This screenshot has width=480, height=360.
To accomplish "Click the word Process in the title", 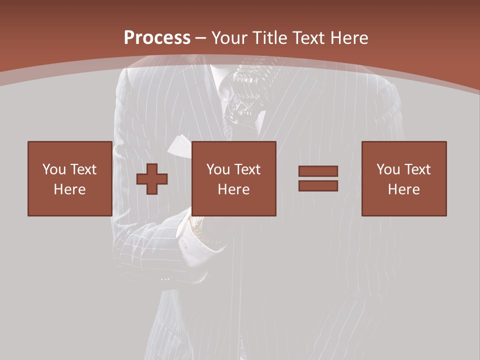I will coord(157,38).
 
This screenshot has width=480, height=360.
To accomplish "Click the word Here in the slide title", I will coord(348,38).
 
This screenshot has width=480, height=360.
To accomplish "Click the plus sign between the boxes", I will coord(152,179).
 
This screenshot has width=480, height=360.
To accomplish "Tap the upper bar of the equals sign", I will coord(318,171).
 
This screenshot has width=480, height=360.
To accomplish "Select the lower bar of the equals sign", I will coord(318,185).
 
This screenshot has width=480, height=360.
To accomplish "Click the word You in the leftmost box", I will coord(54,169).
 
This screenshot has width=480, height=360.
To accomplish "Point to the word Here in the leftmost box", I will coord(69,189).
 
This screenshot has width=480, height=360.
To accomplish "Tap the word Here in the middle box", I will coord(233,189).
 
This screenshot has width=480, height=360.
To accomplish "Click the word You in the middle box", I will coord(218,169).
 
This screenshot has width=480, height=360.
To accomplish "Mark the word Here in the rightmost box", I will coord(403,189).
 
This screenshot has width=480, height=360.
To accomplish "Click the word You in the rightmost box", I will coord(388,169).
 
